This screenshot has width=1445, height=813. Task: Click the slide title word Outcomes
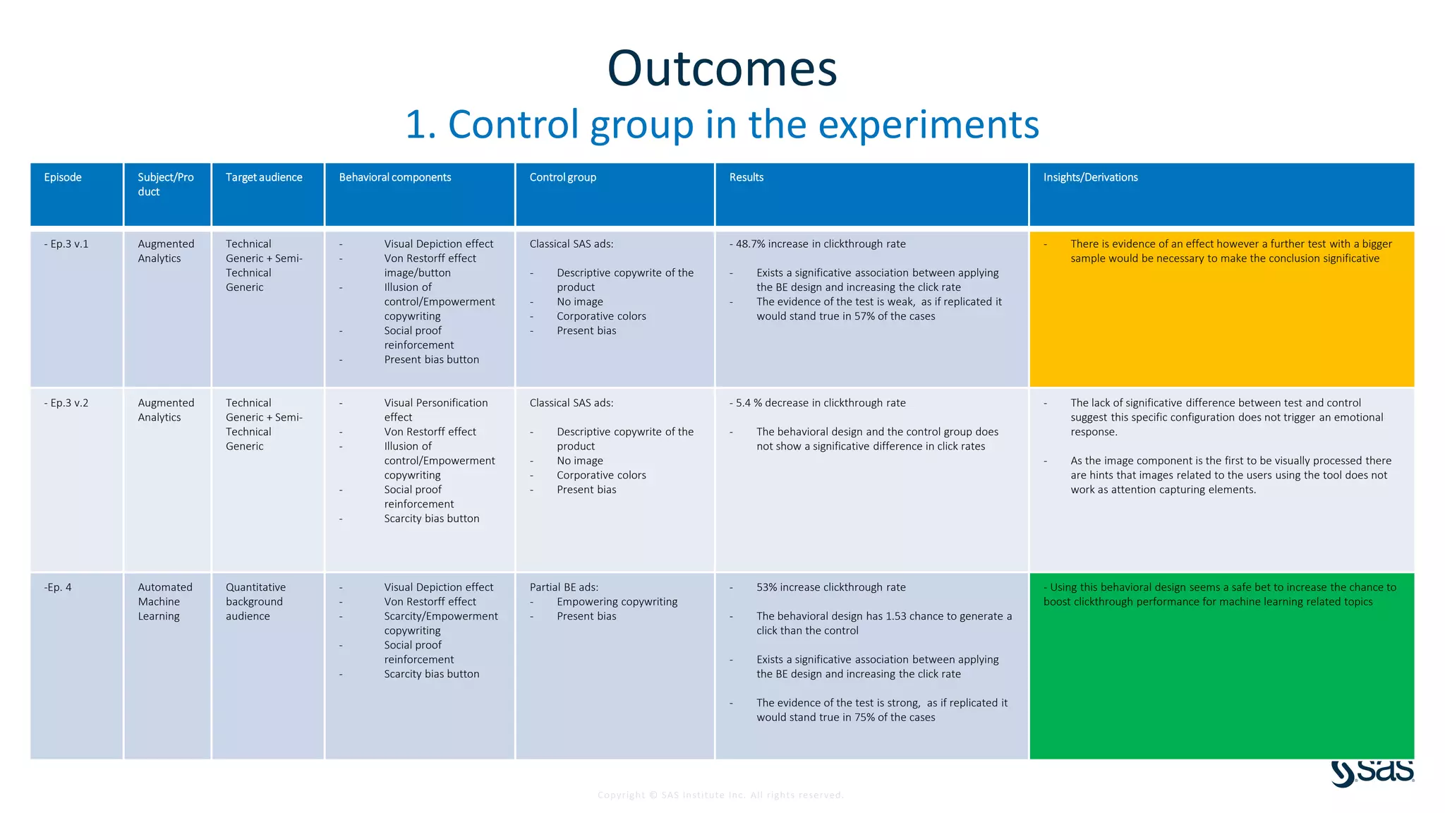click(722, 68)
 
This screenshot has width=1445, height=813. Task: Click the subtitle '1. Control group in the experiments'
click(722, 124)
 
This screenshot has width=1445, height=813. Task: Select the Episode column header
click(63, 177)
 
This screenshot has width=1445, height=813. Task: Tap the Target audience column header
click(264, 177)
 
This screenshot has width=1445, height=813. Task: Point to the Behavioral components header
click(394, 177)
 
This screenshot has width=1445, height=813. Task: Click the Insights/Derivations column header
click(1090, 177)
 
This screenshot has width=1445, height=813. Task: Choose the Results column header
click(746, 177)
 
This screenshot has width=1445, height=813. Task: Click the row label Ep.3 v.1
click(66, 244)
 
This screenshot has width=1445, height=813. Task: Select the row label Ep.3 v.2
click(66, 403)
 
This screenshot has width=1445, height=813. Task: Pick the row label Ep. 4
click(58, 587)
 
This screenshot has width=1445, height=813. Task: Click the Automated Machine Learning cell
click(164, 601)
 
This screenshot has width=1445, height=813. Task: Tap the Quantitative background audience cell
click(255, 601)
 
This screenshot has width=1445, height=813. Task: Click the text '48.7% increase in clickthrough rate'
click(820, 244)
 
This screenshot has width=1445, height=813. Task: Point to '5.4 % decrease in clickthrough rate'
click(820, 403)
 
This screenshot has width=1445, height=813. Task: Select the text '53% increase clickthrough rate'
click(830, 587)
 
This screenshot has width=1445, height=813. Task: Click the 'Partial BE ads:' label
click(564, 587)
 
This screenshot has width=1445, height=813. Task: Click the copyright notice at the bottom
click(720, 795)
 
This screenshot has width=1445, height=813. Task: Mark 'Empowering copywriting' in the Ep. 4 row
click(617, 602)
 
